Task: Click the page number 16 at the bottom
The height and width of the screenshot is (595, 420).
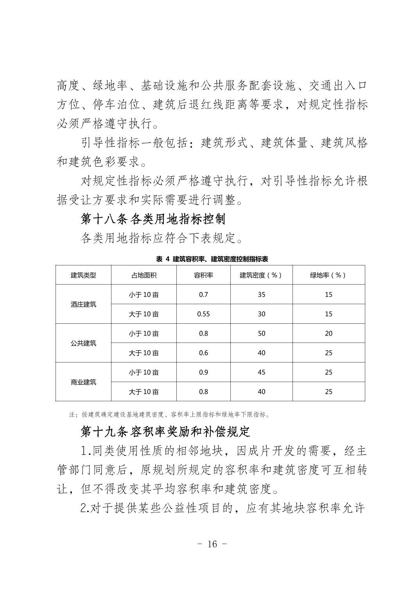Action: click(x=212, y=544)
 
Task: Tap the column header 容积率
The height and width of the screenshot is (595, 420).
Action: click(x=203, y=275)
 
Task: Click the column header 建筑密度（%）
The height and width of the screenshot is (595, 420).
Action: click(x=261, y=275)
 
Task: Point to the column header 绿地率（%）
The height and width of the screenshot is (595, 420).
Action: click(x=328, y=275)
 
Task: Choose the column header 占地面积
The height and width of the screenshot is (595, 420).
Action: click(x=144, y=275)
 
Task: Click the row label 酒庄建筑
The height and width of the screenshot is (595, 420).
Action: click(x=83, y=304)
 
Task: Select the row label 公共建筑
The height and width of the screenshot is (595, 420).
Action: click(x=83, y=343)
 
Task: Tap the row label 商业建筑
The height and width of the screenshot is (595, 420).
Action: click(x=83, y=382)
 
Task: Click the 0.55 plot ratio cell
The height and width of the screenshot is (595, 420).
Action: click(x=203, y=314)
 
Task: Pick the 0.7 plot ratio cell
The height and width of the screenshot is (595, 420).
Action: click(x=203, y=294)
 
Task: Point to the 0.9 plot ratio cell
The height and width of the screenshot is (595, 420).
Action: click(x=203, y=372)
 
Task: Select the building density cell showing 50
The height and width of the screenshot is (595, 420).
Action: click(x=261, y=334)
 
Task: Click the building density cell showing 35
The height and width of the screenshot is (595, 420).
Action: click(x=261, y=294)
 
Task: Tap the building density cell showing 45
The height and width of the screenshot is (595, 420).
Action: click(x=261, y=372)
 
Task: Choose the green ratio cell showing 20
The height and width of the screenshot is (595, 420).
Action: click(x=328, y=334)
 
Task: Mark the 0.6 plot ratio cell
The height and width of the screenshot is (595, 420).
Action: click(x=203, y=353)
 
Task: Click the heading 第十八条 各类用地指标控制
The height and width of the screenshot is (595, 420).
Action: click(x=153, y=219)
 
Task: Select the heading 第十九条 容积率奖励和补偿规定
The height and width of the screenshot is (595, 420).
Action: click(x=165, y=431)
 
